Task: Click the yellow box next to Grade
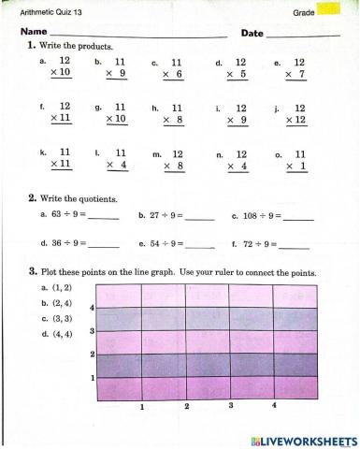click(x=329, y=10)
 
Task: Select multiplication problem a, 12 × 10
click(x=61, y=66)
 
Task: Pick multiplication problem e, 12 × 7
click(x=295, y=66)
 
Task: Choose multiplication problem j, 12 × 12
click(x=295, y=114)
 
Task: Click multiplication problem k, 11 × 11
click(x=61, y=158)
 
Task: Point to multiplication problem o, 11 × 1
click(x=295, y=158)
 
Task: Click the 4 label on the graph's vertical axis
click(x=92, y=307)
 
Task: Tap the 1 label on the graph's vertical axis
click(x=92, y=378)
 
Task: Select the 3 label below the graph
click(x=230, y=406)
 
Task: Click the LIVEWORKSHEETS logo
click(x=299, y=439)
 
